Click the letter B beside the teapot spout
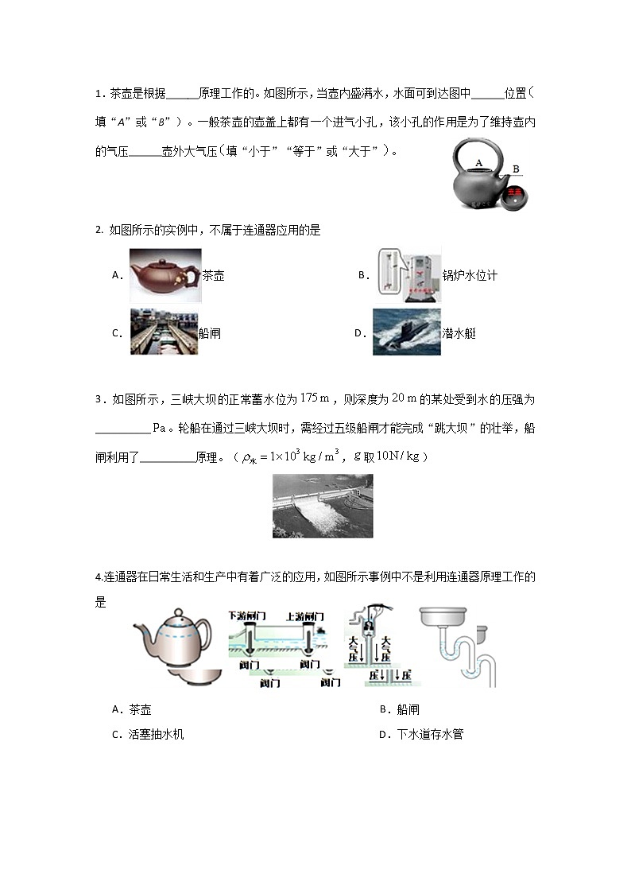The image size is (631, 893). tap(516, 169)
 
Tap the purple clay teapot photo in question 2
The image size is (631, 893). tap(165, 275)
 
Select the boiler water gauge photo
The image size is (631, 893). tap(408, 277)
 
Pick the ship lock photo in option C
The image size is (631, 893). tap(164, 332)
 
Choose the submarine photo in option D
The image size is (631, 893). tap(406, 332)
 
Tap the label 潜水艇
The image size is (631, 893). tap(459, 334)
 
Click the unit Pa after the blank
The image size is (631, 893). tap(158, 428)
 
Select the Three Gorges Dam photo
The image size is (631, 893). tap(322, 506)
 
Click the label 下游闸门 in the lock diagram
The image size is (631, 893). tap(247, 615)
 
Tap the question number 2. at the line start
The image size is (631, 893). tap(99, 231)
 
